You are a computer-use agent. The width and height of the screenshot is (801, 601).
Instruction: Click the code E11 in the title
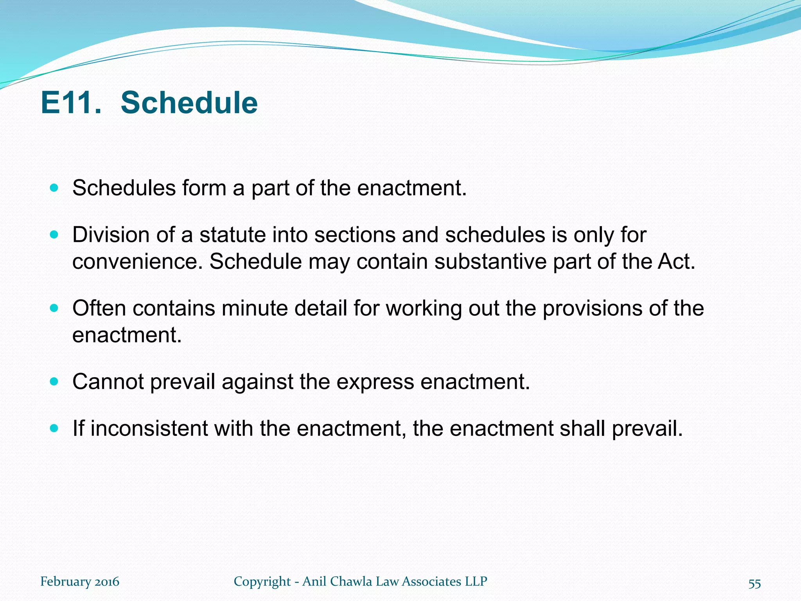70,103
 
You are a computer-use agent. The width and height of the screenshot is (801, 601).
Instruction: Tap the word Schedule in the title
189,103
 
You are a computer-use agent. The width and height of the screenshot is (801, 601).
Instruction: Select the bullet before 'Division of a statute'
54,235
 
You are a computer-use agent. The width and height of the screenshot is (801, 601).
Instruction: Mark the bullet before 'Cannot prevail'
54,381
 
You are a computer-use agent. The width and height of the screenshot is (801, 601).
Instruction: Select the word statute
232,235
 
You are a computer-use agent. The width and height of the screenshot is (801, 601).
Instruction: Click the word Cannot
108,381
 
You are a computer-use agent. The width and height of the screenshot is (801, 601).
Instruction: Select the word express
375,381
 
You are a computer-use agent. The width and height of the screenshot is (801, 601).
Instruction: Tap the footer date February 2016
80,581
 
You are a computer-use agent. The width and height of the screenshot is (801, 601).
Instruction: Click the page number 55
754,583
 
